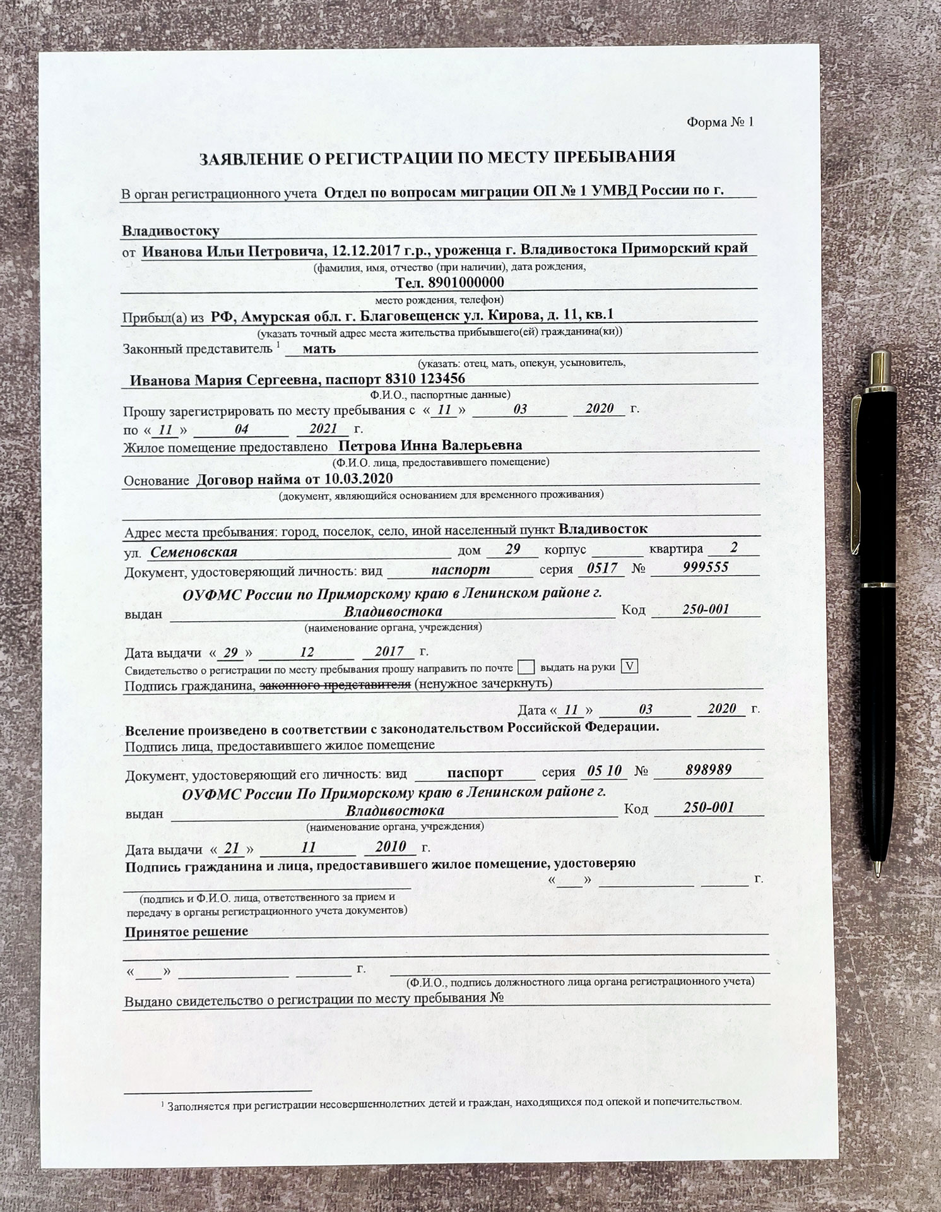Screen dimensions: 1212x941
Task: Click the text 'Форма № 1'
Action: [x=719, y=122]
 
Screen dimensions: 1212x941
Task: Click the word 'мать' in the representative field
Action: [x=319, y=348]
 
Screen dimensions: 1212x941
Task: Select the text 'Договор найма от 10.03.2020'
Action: [x=295, y=478]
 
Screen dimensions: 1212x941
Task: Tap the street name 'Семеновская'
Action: [x=194, y=552]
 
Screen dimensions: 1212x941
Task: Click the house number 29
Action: [x=512, y=549]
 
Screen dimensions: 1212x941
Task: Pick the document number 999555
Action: [x=706, y=567]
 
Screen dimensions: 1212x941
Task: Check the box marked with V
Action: [x=630, y=667]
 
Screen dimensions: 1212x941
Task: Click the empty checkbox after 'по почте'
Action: [x=526, y=667]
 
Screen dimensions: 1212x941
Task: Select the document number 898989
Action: [x=708, y=769]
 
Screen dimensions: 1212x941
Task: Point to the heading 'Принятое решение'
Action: [x=187, y=932]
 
